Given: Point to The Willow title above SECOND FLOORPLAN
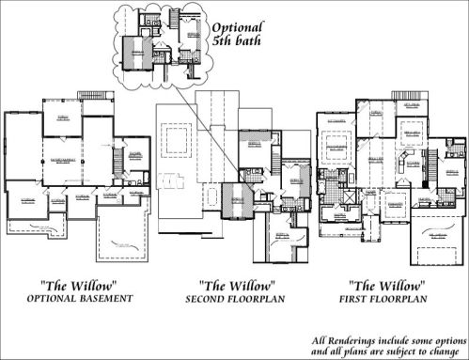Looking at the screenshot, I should point(237,284).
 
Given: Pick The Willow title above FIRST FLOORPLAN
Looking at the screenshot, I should point(387,284).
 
